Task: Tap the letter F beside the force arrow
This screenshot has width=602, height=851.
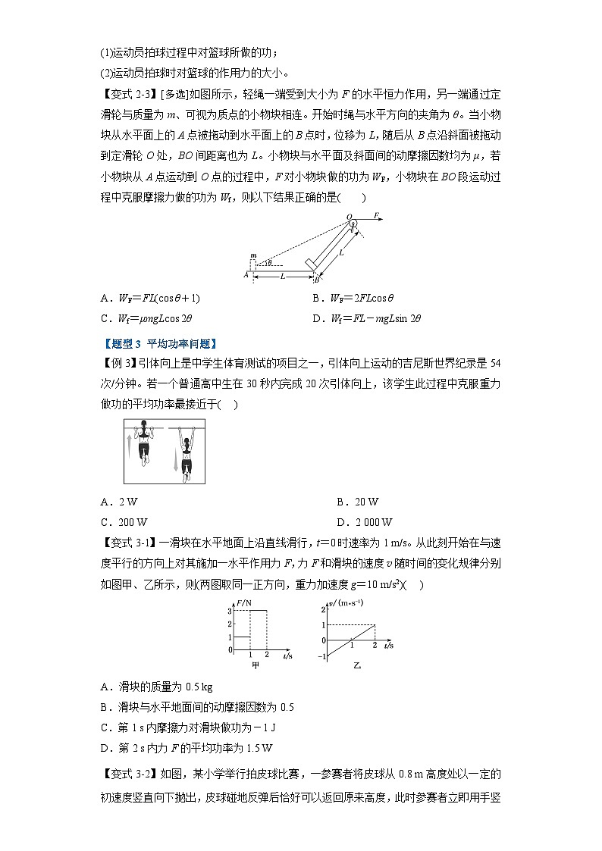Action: (x=377, y=216)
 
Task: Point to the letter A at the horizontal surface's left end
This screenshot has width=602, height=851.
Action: (x=246, y=275)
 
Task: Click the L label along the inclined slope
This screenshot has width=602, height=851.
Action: (x=342, y=252)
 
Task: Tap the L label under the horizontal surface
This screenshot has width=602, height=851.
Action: (x=282, y=277)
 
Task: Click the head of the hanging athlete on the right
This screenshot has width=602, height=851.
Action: (x=183, y=434)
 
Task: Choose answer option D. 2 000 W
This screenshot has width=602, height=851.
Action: (x=363, y=522)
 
